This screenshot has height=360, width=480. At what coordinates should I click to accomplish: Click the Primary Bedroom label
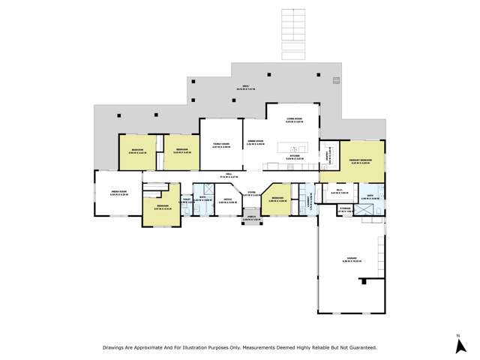361,160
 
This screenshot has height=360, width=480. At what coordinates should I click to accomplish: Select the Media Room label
118,193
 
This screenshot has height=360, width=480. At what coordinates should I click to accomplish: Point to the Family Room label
220,145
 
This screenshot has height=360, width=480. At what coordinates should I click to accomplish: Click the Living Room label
293,119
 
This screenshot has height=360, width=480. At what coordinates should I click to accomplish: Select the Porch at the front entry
250,219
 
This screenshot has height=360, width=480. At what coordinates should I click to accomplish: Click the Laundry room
309,201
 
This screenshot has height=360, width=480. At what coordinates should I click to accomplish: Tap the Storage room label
345,211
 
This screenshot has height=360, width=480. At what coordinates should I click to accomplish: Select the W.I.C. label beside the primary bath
337,192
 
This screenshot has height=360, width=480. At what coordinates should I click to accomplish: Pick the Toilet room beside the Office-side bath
186,200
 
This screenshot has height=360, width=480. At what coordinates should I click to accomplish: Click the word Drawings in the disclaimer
114,348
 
